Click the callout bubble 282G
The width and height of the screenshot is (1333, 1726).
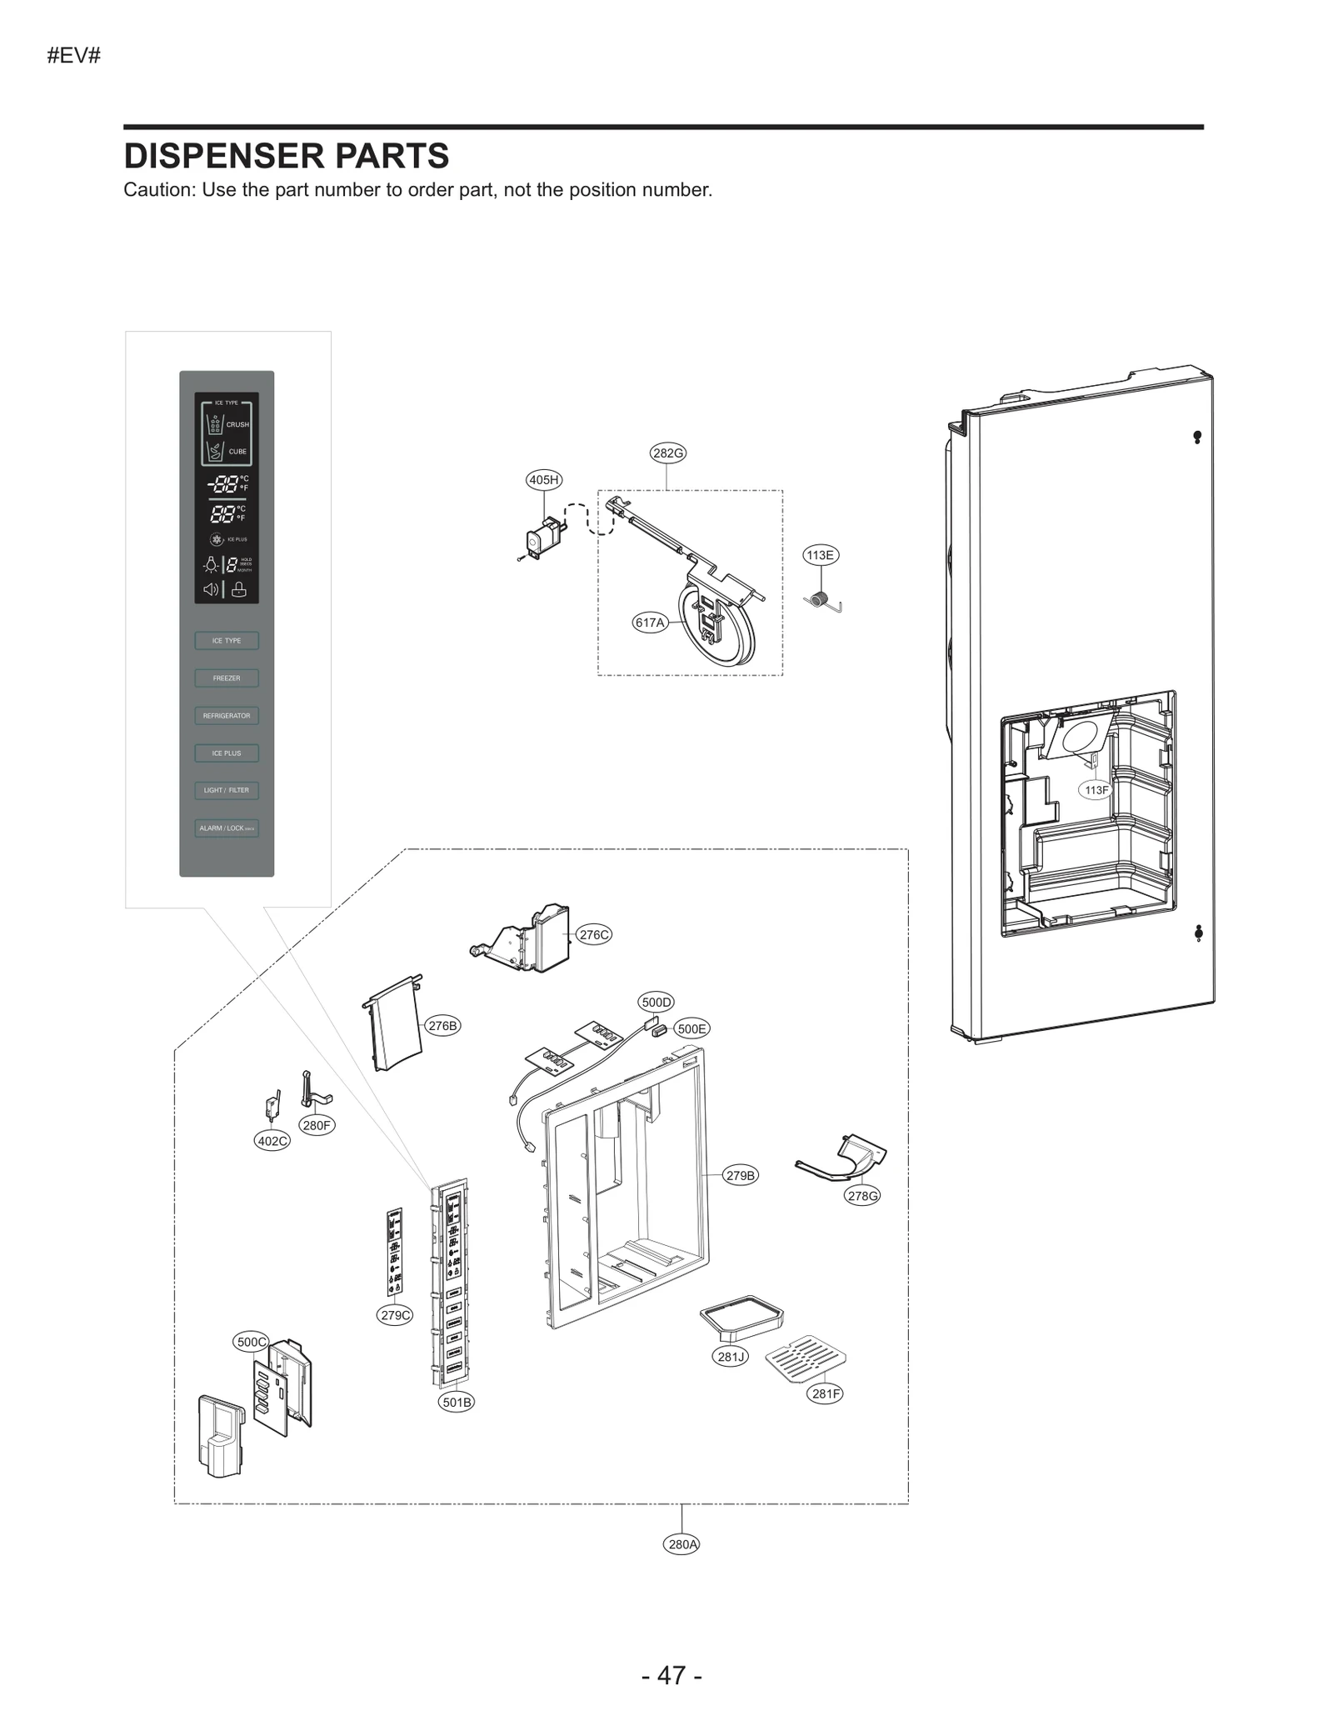click(x=667, y=453)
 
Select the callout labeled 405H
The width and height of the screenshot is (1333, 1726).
click(x=544, y=479)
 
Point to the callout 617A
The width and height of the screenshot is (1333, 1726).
click(x=650, y=623)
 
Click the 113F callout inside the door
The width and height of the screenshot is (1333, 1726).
click(x=1096, y=789)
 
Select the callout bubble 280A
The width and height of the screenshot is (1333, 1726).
click(x=682, y=1543)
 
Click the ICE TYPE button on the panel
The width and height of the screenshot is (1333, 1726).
click(x=227, y=640)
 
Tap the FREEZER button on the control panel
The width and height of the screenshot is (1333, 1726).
click(x=227, y=678)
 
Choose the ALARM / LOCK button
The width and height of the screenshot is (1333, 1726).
click(x=227, y=828)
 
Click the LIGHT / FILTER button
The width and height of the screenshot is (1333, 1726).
click(x=227, y=790)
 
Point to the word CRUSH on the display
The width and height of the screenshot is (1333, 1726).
click(x=237, y=424)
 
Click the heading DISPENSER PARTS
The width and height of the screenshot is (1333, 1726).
click(x=287, y=156)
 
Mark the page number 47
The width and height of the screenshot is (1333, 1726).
click(x=671, y=1675)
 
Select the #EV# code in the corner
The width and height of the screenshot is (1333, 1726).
click(x=74, y=56)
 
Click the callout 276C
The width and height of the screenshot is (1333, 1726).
click(x=594, y=934)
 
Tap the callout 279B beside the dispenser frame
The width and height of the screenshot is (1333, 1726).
click(x=740, y=1175)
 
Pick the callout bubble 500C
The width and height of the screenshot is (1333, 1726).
click(x=251, y=1342)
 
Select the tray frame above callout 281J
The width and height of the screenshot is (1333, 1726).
click(x=741, y=1313)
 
